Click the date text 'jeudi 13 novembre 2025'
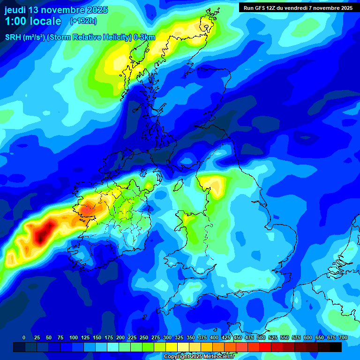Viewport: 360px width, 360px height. (x=56, y=10)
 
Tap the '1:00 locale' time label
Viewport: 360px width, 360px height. (x=33, y=21)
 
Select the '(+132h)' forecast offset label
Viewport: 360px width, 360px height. (x=83, y=21)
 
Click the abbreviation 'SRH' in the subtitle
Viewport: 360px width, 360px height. (x=13, y=37)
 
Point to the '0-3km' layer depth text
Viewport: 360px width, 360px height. (x=145, y=37)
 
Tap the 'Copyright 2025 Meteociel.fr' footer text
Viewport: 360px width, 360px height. (x=199, y=357)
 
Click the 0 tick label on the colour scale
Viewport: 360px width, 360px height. (x=24, y=337)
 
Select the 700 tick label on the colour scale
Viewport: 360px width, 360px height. (x=343, y=337)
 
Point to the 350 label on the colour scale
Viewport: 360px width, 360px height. (x=190, y=337)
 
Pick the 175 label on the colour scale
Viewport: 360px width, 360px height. (x=108, y=337)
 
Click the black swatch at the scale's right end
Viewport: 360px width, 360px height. (x=336, y=347)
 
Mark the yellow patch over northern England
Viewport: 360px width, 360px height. (x=213, y=184)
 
